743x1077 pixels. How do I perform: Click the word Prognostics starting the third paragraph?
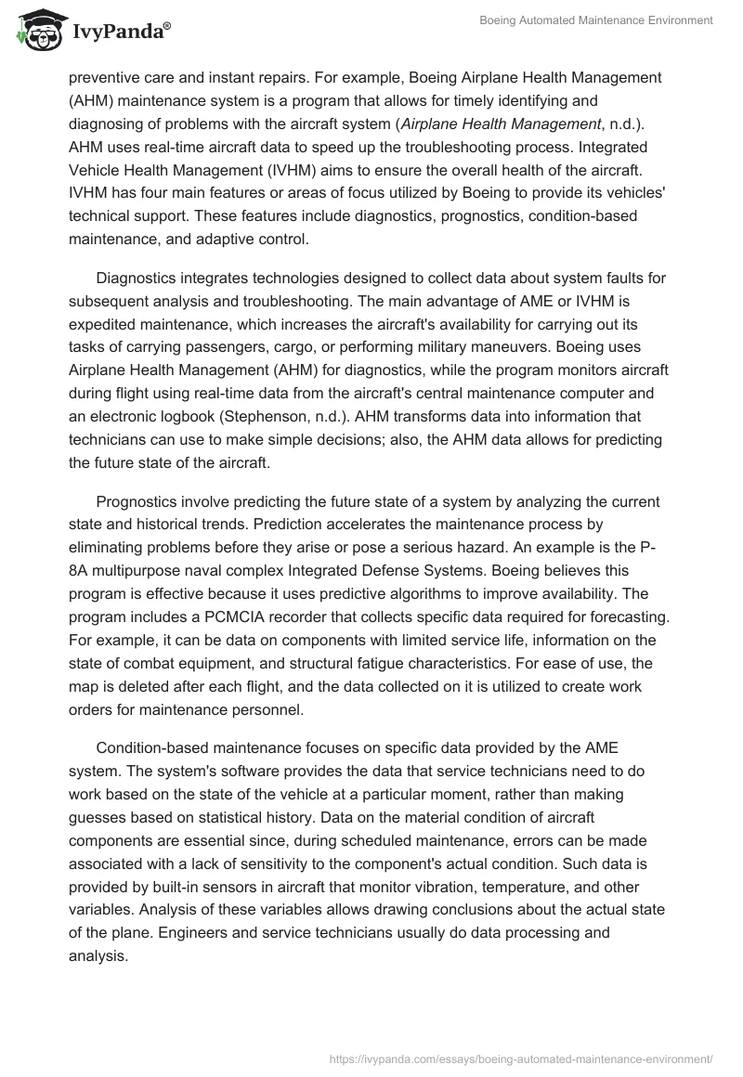pos(145,501)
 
